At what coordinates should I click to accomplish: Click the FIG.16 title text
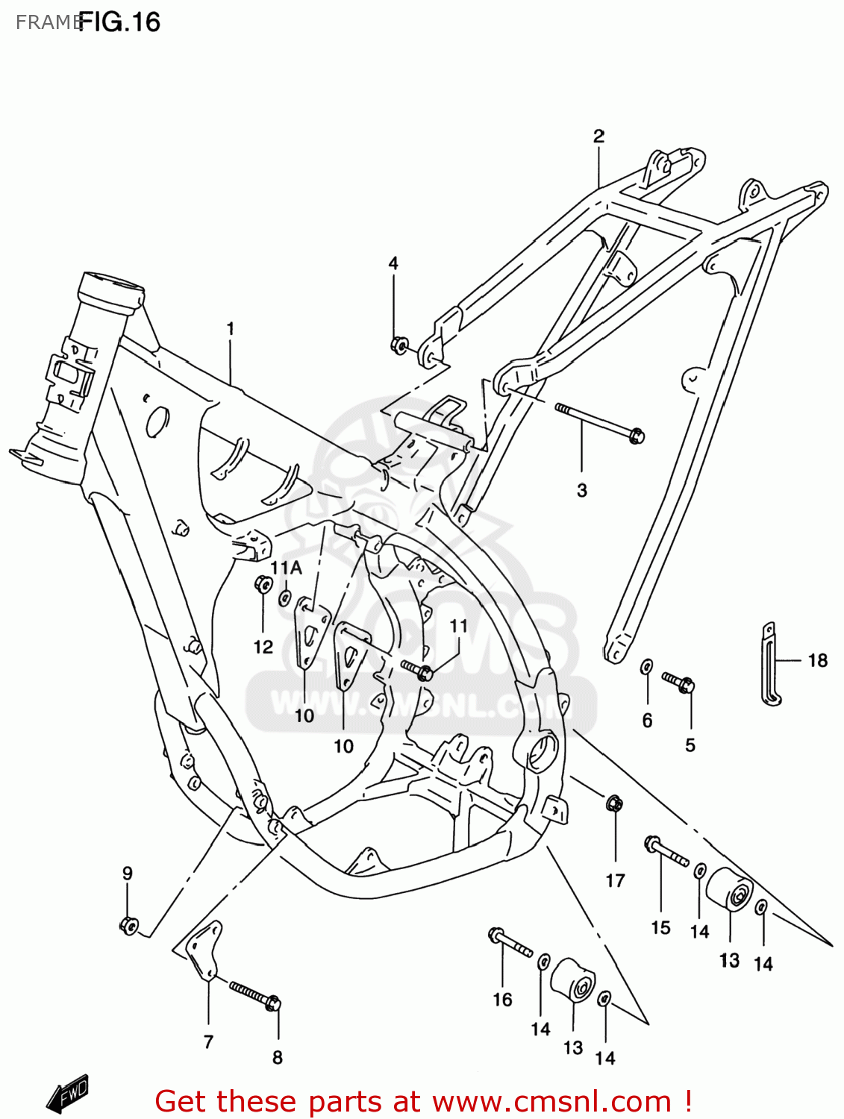click(119, 22)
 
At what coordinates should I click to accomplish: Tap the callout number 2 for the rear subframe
click(598, 136)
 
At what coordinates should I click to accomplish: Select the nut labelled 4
click(399, 345)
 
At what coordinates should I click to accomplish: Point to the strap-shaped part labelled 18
click(769, 664)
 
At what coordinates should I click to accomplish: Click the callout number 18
click(818, 660)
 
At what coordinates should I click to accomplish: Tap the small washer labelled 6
click(647, 666)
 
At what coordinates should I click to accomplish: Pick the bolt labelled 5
click(679, 682)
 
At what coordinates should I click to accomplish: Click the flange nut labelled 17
click(614, 804)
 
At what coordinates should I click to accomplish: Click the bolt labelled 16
click(510, 942)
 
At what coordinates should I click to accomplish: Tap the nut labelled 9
click(128, 926)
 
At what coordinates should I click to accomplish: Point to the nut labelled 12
click(263, 584)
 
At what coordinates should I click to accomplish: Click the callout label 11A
click(286, 568)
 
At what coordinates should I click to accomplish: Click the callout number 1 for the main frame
click(231, 328)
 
